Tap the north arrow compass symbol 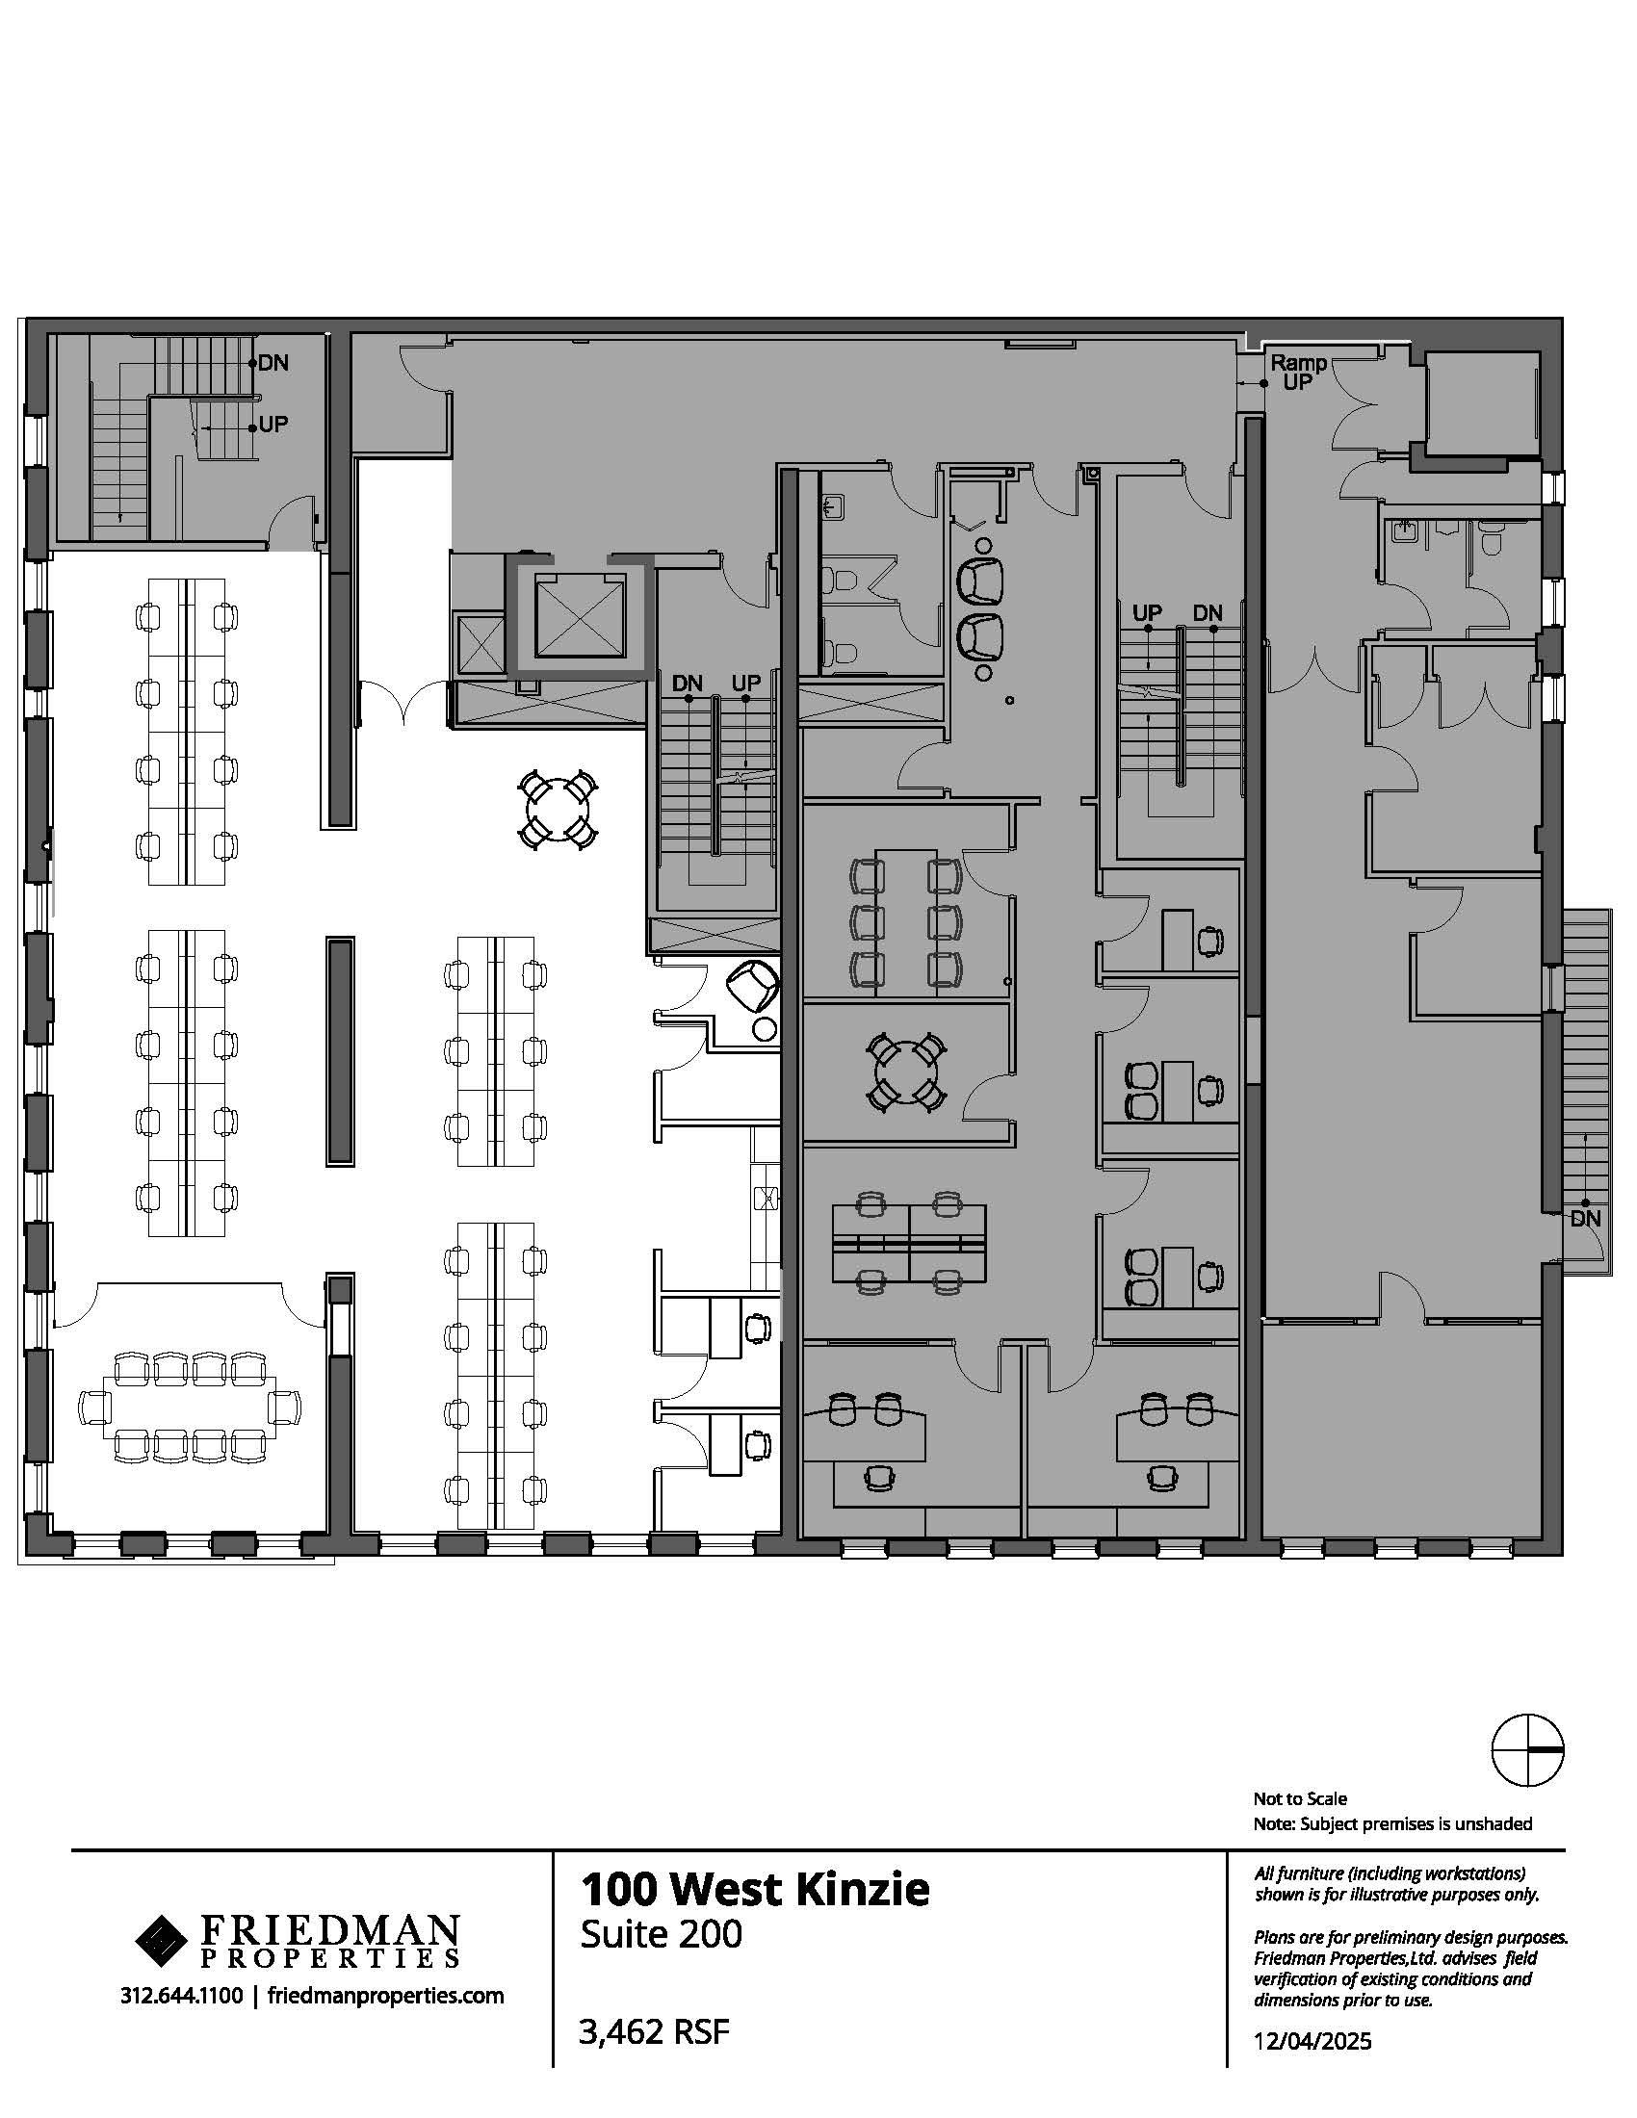coord(1526,1749)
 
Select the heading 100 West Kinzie coord(755,1888)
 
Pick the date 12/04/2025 coord(1312,2040)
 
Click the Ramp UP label coord(1298,372)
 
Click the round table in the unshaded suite coord(557,808)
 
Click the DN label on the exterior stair coord(1585,1218)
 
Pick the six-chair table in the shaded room coord(905,920)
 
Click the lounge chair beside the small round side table coord(753,986)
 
